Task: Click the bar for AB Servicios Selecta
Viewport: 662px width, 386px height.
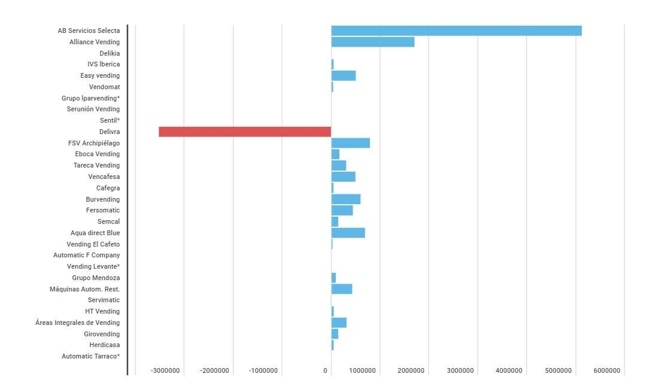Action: click(456, 31)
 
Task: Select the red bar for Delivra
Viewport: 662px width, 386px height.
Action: click(245, 132)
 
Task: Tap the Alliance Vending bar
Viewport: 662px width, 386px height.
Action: click(372, 42)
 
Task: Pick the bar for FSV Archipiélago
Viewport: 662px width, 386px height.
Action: click(350, 143)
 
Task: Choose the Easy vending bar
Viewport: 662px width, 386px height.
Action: click(343, 75)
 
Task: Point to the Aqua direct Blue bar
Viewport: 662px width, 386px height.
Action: click(348, 233)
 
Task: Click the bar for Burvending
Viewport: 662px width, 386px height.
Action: click(345, 199)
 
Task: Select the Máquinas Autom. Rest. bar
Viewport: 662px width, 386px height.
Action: click(341, 289)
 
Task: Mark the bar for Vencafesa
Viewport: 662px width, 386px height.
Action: click(343, 177)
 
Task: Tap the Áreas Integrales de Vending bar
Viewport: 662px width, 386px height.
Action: click(339, 323)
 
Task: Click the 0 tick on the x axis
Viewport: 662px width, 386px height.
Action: click(325, 371)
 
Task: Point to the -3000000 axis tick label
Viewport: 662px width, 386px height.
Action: click(165, 371)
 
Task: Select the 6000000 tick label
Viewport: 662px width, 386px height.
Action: click(607, 371)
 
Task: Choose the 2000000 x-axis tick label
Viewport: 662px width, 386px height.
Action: click(411, 371)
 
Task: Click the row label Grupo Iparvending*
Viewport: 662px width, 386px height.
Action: click(90, 98)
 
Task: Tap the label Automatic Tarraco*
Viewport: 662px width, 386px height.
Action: click(90, 357)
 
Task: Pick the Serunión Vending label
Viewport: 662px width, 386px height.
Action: click(93, 110)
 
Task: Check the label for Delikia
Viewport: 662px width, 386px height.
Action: click(110, 53)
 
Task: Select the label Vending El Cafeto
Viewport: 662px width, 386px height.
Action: click(93, 244)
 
